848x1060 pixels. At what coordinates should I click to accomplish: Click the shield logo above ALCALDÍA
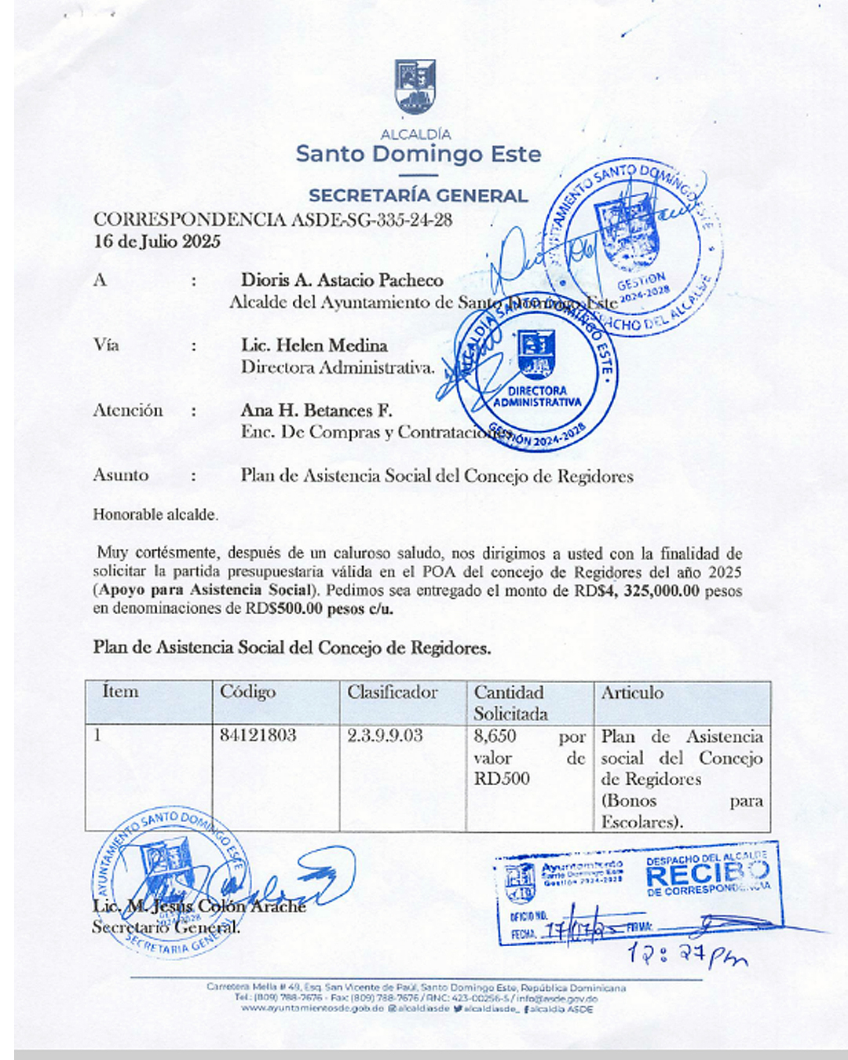pyautogui.click(x=415, y=86)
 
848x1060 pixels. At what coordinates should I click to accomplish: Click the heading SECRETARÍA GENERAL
pyautogui.click(x=418, y=196)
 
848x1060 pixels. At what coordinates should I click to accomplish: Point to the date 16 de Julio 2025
pyautogui.click(x=157, y=241)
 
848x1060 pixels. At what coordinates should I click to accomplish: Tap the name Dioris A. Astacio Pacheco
pyautogui.click(x=342, y=280)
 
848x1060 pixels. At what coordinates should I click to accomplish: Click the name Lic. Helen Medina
pyautogui.click(x=314, y=345)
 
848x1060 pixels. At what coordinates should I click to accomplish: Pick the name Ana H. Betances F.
pyautogui.click(x=316, y=411)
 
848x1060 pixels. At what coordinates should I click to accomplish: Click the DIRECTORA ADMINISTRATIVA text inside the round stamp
pyautogui.click(x=538, y=397)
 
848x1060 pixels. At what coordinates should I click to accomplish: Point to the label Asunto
pyautogui.click(x=121, y=475)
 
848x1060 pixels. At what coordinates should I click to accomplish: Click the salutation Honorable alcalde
pyautogui.click(x=155, y=515)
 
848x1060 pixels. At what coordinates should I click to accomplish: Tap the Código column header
pyautogui.click(x=247, y=692)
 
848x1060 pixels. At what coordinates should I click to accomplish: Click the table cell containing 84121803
pyautogui.click(x=258, y=736)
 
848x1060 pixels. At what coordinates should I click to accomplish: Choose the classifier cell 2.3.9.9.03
pyautogui.click(x=385, y=736)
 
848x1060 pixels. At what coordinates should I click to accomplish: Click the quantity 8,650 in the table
pyautogui.click(x=495, y=737)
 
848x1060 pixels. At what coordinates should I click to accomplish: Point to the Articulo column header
pyautogui.click(x=632, y=693)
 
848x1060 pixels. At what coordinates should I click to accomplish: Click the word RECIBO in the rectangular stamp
pyautogui.click(x=707, y=873)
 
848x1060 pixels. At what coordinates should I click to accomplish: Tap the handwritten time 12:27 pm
pyautogui.click(x=686, y=956)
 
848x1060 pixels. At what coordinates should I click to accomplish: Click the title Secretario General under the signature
pyautogui.click(x=166, y=927)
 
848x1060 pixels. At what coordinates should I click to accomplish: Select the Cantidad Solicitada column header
pyautogui.click(x=511, y=703)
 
